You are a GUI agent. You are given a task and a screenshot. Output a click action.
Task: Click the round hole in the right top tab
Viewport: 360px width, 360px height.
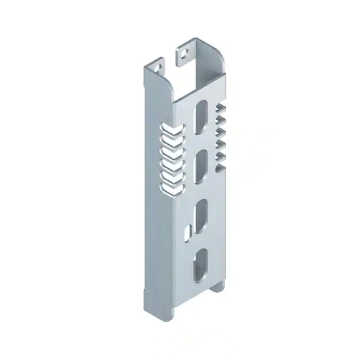[x=182, y=54]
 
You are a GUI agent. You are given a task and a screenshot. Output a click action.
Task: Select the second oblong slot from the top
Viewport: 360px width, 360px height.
[x=200, y=167]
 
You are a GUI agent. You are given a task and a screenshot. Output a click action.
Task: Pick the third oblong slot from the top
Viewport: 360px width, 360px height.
[x=200, y=215]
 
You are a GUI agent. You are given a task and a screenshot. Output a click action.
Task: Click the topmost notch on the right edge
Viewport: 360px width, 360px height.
[x=221, y=107]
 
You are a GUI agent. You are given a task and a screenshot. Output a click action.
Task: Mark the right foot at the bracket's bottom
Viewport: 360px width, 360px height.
[x=218, y=287]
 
